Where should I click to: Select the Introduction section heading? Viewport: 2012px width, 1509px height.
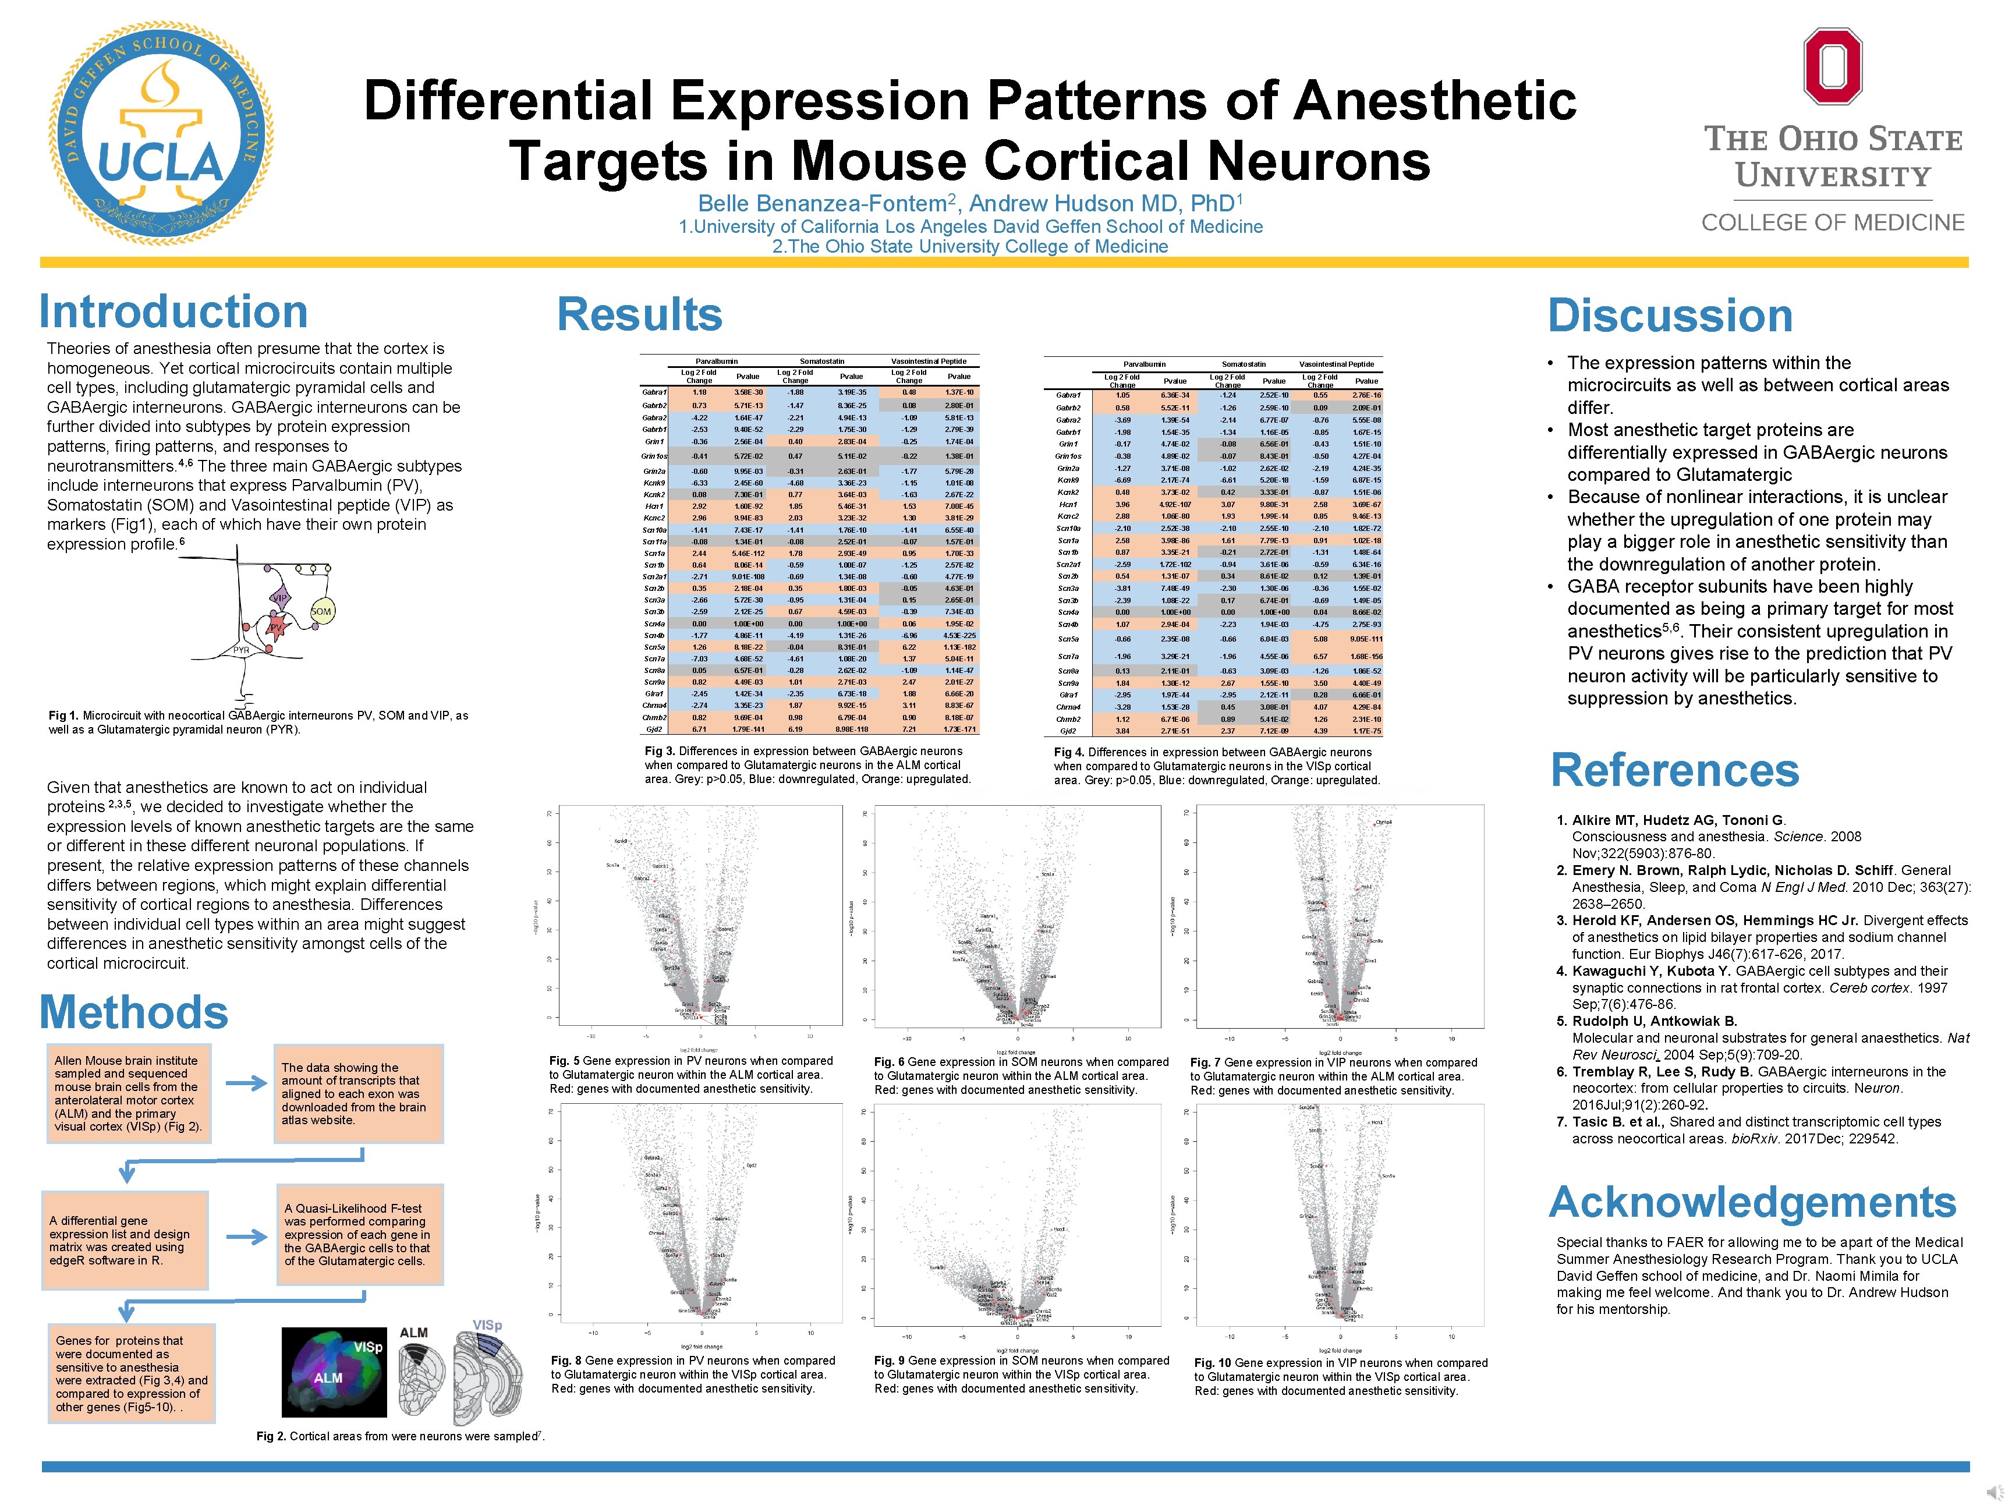[173, 312]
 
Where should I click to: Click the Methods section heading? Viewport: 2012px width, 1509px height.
[134, 1012]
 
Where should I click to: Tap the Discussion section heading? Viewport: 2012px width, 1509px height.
[1670, 316]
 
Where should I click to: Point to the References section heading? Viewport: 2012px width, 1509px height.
[1674, 770]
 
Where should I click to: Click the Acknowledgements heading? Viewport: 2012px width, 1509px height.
[1752, 1202]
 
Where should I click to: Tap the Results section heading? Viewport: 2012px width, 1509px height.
[639, 315]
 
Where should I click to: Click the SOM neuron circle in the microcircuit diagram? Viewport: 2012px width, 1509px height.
[321, 612]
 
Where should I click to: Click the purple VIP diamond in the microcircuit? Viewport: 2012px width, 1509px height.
[280, 597]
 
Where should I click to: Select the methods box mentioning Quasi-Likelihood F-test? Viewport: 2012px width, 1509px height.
[359, 1234]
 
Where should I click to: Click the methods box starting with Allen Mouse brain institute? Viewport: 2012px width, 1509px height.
[126, 1093]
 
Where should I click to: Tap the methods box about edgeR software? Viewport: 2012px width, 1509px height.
[125, 1241]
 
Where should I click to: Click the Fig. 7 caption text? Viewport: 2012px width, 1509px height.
[1333, 1076]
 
